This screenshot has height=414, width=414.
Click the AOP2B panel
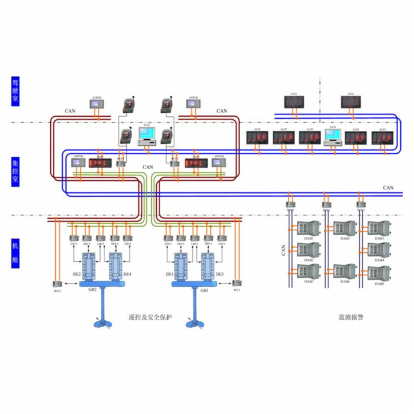pos(97,103)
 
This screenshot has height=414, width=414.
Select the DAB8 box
pos(379,272)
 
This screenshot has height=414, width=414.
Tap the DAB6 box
pos(344,272)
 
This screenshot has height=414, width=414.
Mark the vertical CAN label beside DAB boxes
pos(284,250)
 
